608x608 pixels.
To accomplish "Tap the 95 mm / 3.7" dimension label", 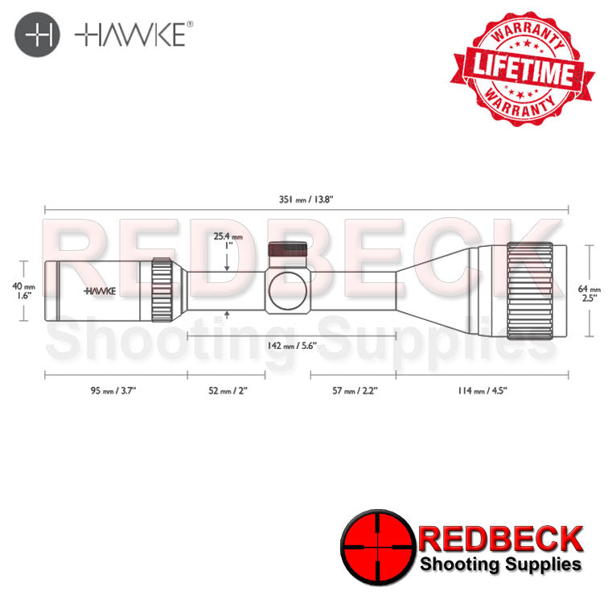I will click(116, 391).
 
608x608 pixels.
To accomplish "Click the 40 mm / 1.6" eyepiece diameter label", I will click(24, 290).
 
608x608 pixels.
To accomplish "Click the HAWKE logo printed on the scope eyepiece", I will click(101, 290).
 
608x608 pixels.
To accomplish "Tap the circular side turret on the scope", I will click(287, 290).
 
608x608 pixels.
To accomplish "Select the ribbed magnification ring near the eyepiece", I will click(162, 290).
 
